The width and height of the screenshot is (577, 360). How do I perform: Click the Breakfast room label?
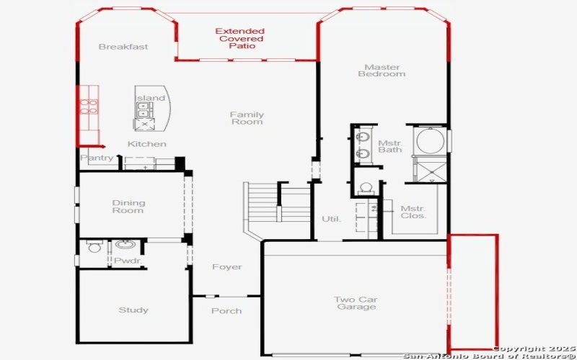[x=123, y=47]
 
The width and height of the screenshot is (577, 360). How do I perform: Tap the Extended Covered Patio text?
[x=240, y=38]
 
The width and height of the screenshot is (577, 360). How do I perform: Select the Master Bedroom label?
[x=382, y=70]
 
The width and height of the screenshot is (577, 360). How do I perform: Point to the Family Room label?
[x=247, y=118]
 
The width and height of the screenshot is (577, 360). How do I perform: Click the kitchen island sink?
[x=143, y=109]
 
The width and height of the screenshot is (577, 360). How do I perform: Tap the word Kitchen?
[x=147, y=144]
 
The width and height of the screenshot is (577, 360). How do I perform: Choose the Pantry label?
[x=97, y=158]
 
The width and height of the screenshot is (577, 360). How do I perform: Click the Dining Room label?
[x=128, y=207]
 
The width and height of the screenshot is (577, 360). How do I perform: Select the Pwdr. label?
[x=127, y=260]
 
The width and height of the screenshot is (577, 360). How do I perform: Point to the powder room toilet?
[x=94, y=248]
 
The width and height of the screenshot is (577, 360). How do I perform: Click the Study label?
[x=133, y=310]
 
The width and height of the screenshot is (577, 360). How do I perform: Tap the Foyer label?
[x=226, y=267]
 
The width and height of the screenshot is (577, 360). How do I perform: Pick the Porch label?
[x=226, y=311]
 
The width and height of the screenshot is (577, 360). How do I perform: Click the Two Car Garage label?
[x=355, y=303]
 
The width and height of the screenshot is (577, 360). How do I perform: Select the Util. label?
[x=331, y=219]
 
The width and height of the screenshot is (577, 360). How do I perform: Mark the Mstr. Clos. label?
[x=413, y=212]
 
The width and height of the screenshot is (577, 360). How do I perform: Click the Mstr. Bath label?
[x=390, y=146]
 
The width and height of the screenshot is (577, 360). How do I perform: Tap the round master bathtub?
[x=429, y=140]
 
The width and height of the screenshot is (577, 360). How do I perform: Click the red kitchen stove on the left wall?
[x=89, y=107]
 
